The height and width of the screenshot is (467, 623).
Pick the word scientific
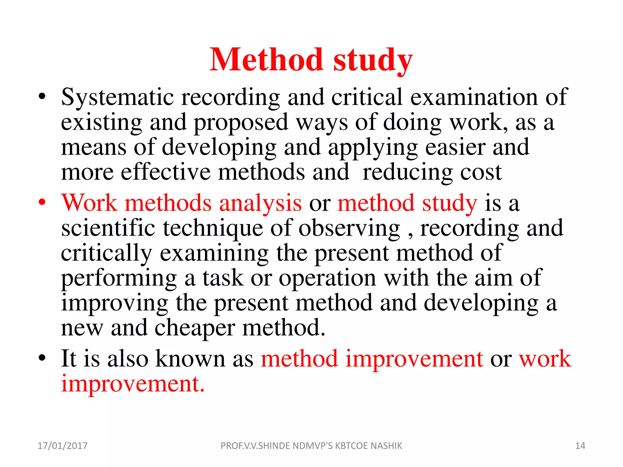(x=108, y=228)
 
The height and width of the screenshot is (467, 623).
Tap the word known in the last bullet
(x=190, y=359)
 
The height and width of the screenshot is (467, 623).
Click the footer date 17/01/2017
(x=62, y=446)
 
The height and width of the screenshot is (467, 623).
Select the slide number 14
(x=580, y=446)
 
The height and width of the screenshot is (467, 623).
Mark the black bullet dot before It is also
(x=42, y=358)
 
